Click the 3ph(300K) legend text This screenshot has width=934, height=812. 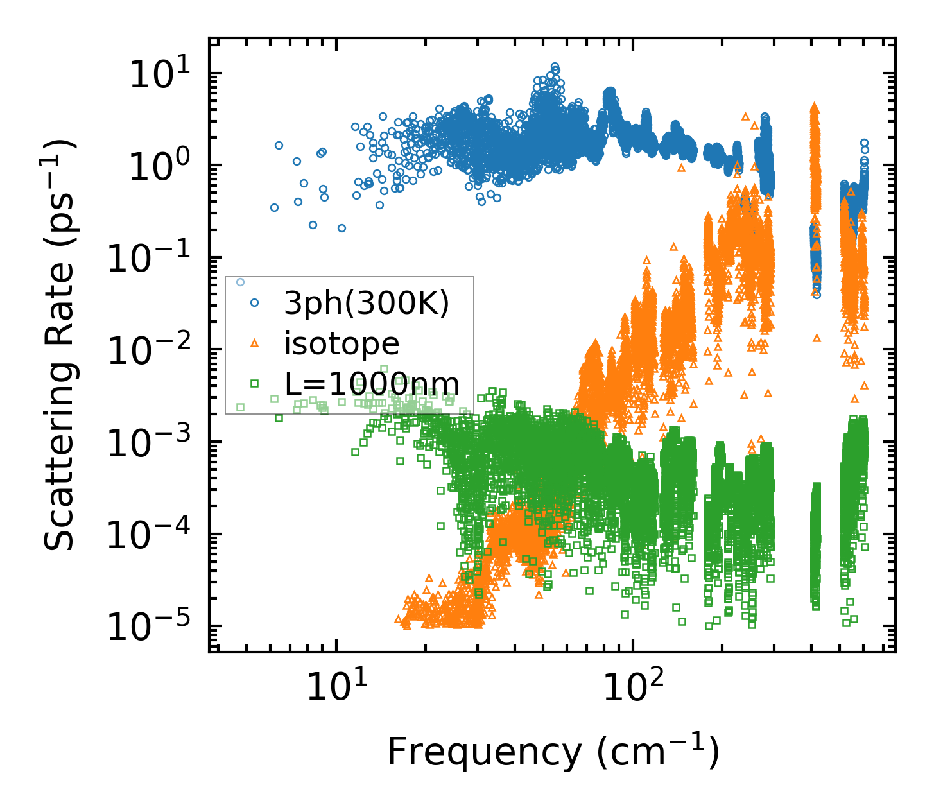367,304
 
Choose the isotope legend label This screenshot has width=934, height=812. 342,343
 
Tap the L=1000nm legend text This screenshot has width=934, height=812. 372,384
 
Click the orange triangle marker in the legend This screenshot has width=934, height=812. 255,343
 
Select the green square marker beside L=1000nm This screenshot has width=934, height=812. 255,384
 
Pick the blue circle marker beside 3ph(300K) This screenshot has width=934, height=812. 255,302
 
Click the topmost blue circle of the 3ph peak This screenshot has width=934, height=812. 555,66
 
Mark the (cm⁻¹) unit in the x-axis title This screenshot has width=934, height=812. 657,752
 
